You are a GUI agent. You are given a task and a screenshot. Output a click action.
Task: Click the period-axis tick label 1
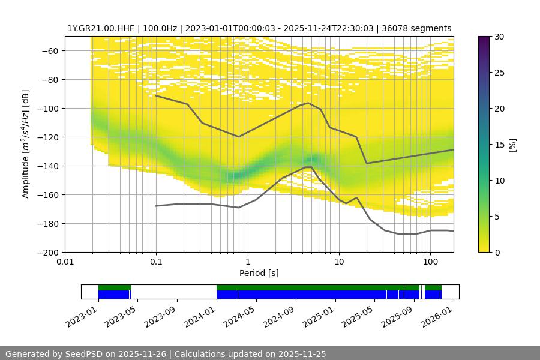pyautogui.click(x=247, y=262)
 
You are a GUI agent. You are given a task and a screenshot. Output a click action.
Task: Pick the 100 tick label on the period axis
pyautogui.click(x=430, y=262)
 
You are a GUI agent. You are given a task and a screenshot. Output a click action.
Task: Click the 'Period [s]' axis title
pyautogui.click(x=259, y=273)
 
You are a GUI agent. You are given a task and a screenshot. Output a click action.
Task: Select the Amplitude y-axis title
pyautogui.click(x=25, y=144)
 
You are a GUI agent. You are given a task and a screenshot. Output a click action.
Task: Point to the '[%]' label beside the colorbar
pyautogui.click(x=512, y=144)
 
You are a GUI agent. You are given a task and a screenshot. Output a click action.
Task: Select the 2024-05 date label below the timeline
pyautogui.click(x=240, y=316)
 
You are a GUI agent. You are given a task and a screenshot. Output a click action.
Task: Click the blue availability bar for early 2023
pyautogui.click(x=114, y=295)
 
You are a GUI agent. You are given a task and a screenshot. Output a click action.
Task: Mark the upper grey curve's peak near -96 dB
pyautogui.click(x=308, y=103)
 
